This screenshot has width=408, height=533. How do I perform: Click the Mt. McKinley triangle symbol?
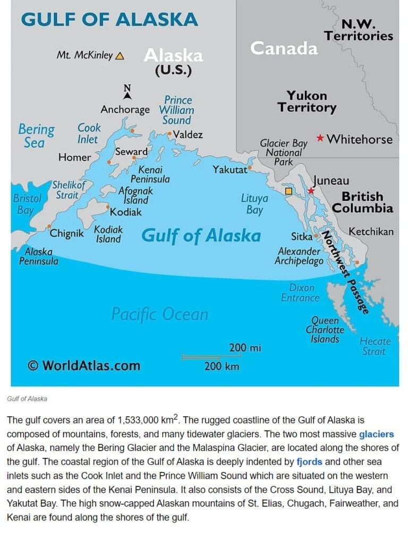coord(120,55)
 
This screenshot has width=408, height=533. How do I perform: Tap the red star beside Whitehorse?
coord(320,138)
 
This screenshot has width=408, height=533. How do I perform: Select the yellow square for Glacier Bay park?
coord(289,191)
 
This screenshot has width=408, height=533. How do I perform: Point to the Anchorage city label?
coord(125,110)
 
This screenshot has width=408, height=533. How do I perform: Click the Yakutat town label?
coord(230,170)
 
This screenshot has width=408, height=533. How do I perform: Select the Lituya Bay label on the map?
coord(254,204)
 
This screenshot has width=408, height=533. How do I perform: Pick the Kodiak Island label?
coord(108,234)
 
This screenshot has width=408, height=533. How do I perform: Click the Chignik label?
coord(66,233)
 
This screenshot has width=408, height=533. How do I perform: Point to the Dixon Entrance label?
coord(300,293)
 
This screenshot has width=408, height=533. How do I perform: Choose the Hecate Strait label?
coord(375,346)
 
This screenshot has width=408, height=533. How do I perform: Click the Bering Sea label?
coord(36,135)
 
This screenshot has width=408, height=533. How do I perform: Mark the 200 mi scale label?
coord(245,348)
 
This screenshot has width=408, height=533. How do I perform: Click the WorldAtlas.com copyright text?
coord(84,365)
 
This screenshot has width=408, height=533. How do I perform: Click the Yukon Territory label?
coord(307,101)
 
